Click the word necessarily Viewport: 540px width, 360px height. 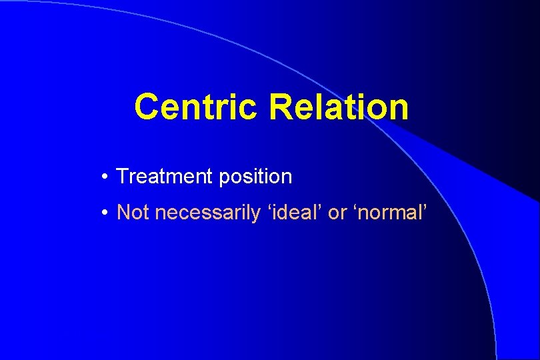point(203,214)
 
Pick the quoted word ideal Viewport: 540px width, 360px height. point(292,213)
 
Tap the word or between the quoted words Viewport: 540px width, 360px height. point(337,214)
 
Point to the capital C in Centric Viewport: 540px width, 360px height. point(147,107)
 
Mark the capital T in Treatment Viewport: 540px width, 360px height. point(122,177)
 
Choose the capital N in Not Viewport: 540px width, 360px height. point(123,213)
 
